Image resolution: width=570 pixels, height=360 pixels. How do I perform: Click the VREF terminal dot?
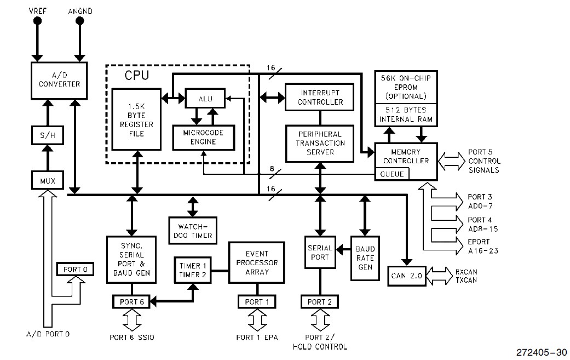(x=38, y=21)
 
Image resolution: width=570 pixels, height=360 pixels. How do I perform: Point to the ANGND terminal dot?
(x=80, y=21)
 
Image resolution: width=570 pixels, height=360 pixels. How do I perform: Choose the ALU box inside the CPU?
(x=205, y=99)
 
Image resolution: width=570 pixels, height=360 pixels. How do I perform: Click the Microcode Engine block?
(x=203, y=138)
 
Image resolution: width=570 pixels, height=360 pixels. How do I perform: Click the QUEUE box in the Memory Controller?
(x=391, y=174)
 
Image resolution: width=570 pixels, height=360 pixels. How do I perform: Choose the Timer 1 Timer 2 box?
(x=193, y=270)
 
